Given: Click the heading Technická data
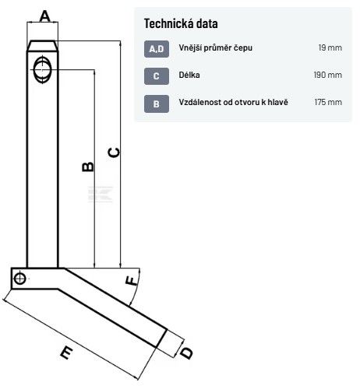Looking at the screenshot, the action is [x=181, y=23].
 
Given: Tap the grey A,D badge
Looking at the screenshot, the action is [x=157, y=49].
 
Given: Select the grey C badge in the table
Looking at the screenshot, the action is [x=157, y=76].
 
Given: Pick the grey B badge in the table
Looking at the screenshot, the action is [x=157, y=104].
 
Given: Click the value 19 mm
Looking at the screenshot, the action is [x=330, y=47].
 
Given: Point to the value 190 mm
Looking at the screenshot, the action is [x=328, y=75].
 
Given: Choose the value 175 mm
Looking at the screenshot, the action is [x=328, y=102].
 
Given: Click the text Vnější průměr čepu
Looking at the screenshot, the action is [x=215, y=48].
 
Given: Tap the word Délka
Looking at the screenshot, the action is [x=189, y=75].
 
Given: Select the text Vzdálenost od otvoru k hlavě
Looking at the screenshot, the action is [x=233, y=102].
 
